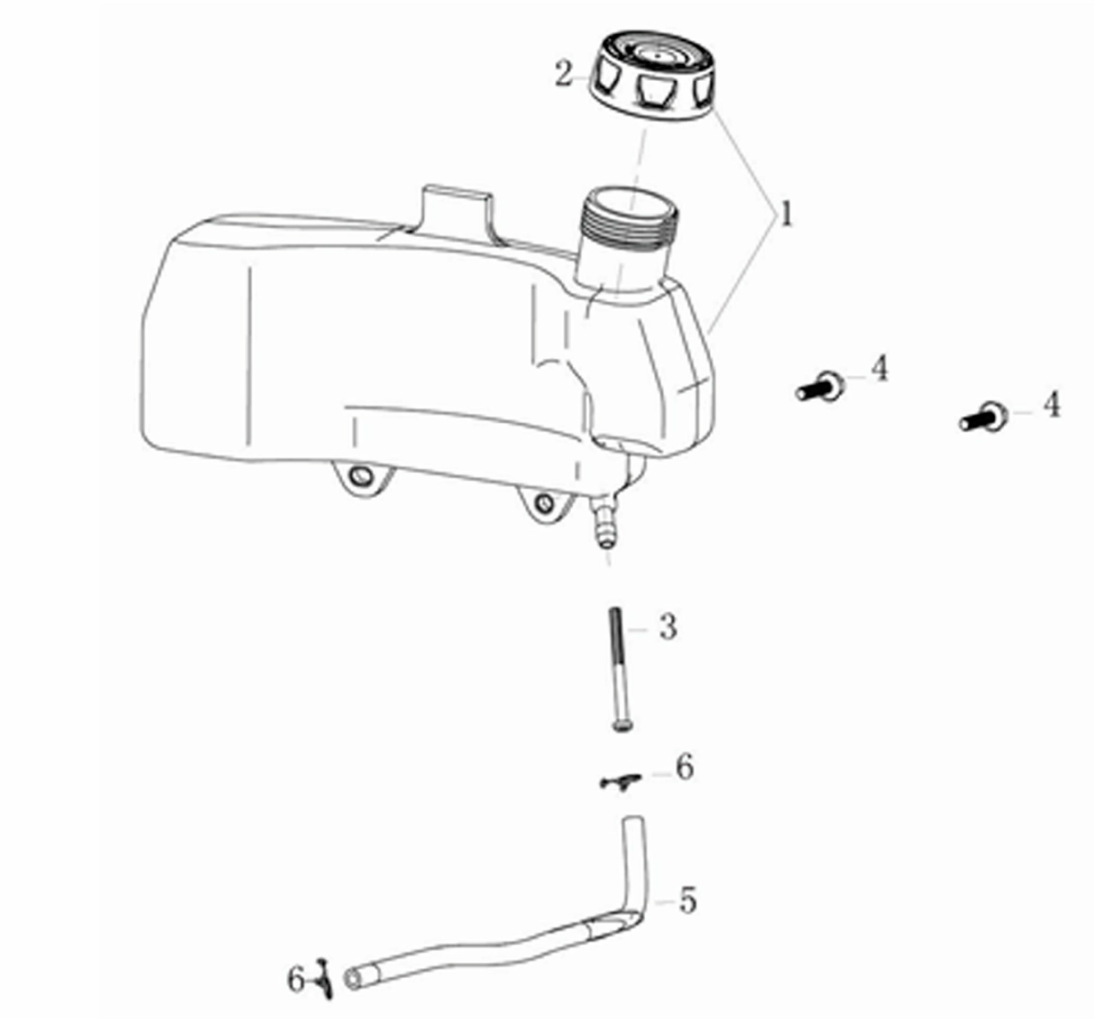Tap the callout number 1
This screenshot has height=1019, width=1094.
(786, 214)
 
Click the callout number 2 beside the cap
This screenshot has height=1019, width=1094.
(565, 74)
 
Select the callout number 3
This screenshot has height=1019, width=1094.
(668, 627)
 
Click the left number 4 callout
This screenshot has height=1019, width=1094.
(879, 369)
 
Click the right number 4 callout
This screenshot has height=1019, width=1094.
(1051, 405)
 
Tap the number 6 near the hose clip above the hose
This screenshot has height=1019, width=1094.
(684, 767)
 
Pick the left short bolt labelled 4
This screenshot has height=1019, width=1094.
(820, 386)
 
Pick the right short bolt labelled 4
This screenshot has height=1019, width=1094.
(984, 417)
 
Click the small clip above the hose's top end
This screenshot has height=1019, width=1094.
(620, 780)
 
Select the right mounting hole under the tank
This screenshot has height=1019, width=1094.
(545, 502)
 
